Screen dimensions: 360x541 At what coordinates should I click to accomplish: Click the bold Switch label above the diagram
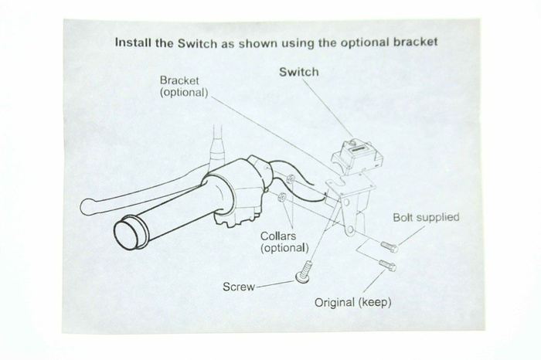[299, 73]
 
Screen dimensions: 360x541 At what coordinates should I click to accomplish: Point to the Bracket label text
[179, 80]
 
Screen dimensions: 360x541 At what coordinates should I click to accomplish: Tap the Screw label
[239, 287]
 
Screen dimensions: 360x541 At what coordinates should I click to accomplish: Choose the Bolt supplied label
[426, 218]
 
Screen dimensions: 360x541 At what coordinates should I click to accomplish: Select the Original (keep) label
[352, 302]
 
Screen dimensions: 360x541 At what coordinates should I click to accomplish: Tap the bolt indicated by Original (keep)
[387, 266]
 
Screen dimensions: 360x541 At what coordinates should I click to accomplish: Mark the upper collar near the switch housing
[291, 182]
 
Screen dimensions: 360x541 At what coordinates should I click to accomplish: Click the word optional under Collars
[285, 248]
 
